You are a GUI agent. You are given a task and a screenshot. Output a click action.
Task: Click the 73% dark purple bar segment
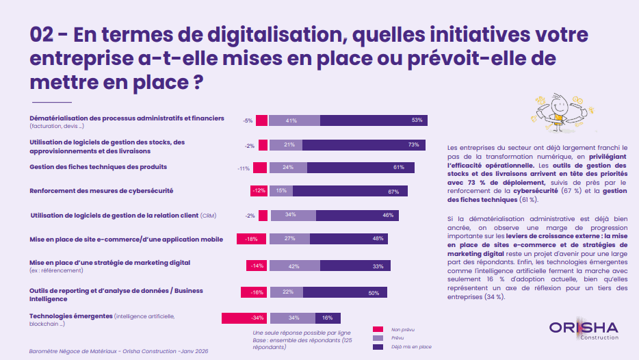[x=364, y=145]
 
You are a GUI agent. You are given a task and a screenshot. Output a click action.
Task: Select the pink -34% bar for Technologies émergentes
[x=244, y=318]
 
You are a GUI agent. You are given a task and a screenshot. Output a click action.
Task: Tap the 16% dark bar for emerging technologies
[x=328, y=318]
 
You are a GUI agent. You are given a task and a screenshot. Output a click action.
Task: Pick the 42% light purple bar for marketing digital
[x=295, y=266]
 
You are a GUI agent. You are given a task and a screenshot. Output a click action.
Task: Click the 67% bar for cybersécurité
[x=348, y=191]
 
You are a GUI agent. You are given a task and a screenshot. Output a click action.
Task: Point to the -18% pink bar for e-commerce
[x=251, y=239]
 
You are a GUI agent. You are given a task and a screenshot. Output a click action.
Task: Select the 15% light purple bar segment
[x=281, y=191]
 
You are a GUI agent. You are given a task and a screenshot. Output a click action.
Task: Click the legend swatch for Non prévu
[x=378, y=329]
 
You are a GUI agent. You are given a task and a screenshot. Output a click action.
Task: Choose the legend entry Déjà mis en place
[x=411, y=347]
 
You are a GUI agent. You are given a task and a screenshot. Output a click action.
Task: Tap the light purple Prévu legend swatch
[x=378, y=338]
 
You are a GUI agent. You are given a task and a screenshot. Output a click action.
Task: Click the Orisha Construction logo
[x=584, y=329]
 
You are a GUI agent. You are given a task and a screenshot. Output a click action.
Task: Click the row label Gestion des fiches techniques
[x=99, y=167]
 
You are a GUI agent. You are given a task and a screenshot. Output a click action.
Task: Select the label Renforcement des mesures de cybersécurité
[x=101, y=190]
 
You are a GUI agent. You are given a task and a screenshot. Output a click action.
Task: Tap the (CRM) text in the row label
[x=208, y=216]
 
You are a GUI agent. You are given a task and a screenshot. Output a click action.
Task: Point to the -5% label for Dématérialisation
[x=247, y=120]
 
